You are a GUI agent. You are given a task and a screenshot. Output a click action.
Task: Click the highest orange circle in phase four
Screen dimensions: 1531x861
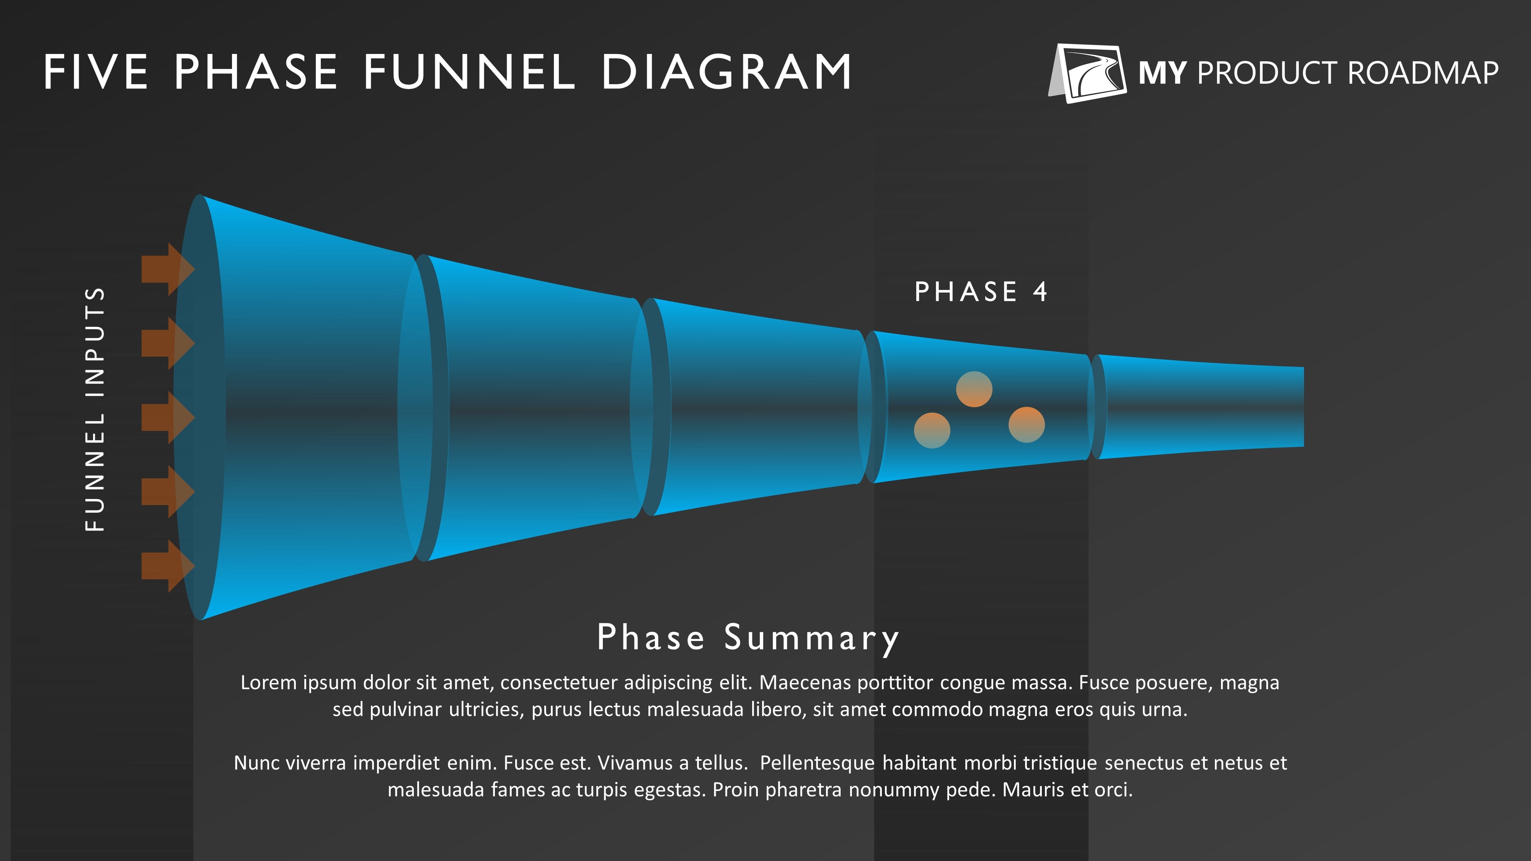point(974,389)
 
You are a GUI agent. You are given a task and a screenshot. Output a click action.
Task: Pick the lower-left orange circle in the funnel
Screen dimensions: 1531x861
point(932,430)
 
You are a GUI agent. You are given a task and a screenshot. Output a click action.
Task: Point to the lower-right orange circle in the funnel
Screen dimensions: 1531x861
point(1027,424)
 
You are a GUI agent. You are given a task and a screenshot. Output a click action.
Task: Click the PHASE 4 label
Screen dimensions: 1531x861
point(981,292)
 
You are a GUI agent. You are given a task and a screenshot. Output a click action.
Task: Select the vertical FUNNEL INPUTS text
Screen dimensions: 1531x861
point(95,409)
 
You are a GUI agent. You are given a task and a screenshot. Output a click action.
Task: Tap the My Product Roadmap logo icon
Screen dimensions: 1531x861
point(1087,73)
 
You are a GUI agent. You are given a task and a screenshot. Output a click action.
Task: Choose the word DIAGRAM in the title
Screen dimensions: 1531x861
point(727,72)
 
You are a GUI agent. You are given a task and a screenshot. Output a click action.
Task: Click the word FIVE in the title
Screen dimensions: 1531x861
point(96,72)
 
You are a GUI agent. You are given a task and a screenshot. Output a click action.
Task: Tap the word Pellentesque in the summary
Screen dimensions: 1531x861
point(817,763)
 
